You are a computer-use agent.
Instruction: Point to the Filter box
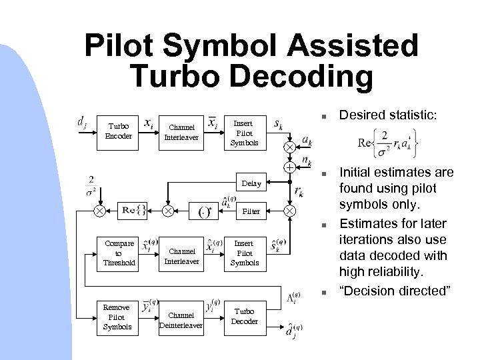coord(251,211)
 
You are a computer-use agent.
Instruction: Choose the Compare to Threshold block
coord(118,253)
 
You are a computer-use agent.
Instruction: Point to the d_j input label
coord(81,123)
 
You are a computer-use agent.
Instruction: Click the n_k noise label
coord(309,160)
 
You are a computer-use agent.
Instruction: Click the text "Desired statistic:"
coord(398,117)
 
